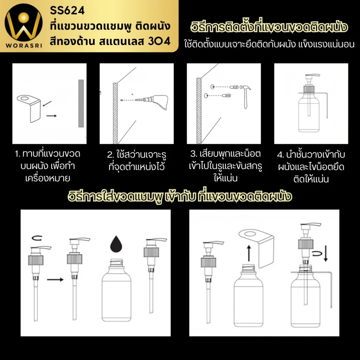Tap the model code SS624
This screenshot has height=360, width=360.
coord(67,11)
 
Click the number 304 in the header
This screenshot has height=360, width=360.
coord(159,41)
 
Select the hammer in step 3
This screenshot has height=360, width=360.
coord(245,96)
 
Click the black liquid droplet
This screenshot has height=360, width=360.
coord(116,244)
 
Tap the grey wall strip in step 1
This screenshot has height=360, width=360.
coord(81,103)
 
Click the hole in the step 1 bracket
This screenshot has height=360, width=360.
coord(24,99)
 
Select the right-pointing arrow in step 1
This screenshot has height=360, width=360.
coord(51,116)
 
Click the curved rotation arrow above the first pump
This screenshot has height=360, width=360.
coord(37,238)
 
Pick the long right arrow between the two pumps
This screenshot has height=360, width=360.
coord(55,279)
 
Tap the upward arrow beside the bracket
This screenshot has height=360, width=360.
coord(249,253)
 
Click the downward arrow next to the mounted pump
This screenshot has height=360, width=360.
coord(326,253)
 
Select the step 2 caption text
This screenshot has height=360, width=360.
coord(137,161)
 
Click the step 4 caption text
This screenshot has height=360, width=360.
coord(311,167)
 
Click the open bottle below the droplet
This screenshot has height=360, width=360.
coord(116,290)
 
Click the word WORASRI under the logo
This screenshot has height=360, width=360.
coord(24,45)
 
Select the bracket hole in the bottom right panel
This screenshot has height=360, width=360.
coord(250,234)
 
